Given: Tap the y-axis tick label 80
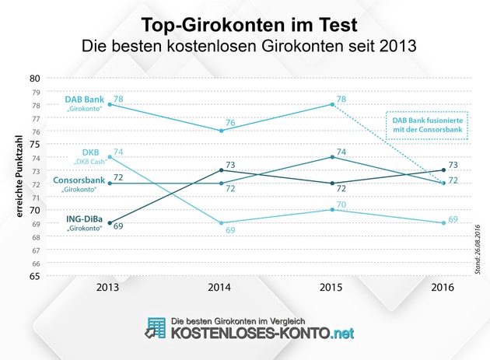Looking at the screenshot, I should pos(34,78).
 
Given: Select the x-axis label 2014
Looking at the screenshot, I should pos(222,288).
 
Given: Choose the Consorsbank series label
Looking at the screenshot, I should pos(80,179).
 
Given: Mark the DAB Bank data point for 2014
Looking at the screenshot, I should pos(222,131).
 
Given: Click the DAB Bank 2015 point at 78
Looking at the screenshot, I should pos(333,104).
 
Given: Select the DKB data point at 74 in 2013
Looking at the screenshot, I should pos(110,157).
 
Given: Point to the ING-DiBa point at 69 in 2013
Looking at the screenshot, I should pos(110,222).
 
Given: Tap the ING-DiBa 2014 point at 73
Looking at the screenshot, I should pos(222,170).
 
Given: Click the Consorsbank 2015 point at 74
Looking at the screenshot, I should pos(333,157).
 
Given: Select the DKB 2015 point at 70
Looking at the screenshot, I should pos(333,209).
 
